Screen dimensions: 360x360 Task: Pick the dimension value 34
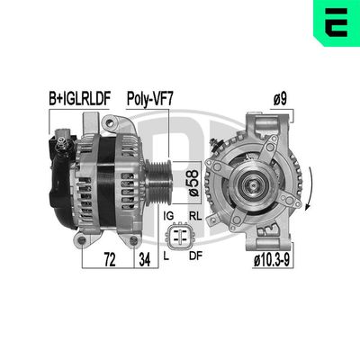(x=141, y=260)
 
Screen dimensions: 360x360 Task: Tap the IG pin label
(x=166, y=216)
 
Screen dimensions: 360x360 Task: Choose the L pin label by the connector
(x=168, y=256)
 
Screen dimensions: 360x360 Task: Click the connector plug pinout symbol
(x=180, y=236)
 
